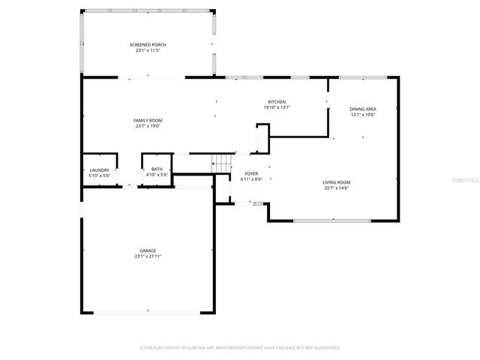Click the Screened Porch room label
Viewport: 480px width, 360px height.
point(148,45)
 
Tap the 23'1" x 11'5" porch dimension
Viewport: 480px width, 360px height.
point(148,51)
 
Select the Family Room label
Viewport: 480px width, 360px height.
point(148,120)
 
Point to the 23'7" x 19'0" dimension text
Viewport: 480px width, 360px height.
point(148,126)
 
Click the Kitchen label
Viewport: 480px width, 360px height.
point(277,102)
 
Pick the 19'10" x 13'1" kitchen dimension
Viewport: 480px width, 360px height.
point(277,108)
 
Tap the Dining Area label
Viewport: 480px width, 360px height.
point(362,109)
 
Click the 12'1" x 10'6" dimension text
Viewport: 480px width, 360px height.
point(362,115)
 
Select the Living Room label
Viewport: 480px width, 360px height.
point(337,182)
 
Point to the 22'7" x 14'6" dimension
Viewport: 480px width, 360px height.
point(337,188)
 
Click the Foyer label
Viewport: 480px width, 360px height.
point(251,173)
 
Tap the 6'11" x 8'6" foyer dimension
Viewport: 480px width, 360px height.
point(251,179)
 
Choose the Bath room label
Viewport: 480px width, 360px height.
point(157,169)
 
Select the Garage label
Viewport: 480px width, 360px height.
point(148,250)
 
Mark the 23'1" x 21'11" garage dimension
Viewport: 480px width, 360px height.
point(148,256)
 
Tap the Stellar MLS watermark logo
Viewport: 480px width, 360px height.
point(467,181)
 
